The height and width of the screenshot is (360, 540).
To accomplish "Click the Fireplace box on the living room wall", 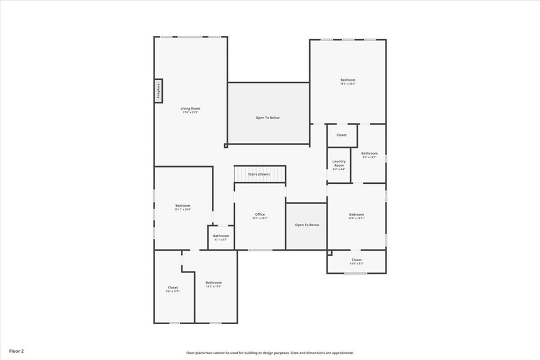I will click(x=158, y=91).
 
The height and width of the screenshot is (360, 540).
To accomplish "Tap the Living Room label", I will click(x=191, y=110).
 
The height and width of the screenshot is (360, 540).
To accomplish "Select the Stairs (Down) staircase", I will click(x=259, y=174).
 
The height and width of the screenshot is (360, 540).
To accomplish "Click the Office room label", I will click(x=260, y=216).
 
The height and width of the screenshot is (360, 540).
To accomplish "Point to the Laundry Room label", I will click(x=339, y=165).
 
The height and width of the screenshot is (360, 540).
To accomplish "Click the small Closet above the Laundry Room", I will click(x=342, y=135).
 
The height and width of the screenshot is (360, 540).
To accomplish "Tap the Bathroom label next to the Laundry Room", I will click(x=369, y=155).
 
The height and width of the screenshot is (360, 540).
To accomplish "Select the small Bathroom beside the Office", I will click(x=221, y=237).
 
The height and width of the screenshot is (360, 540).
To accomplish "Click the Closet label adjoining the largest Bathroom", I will click(x=173, y=289).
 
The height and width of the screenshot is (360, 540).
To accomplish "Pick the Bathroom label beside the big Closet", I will click(x=214, y=284).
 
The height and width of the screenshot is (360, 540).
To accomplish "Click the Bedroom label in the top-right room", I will click(x=348, y=81).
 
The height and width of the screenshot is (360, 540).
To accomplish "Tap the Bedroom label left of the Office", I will click(x=182, y=207).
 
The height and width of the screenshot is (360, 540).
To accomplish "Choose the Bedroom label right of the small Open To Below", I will click(x=356, y=216).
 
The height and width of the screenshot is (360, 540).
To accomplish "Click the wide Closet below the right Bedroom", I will click(x=356, y=261).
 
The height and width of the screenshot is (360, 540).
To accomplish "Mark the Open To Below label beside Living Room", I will click(x=267, y=118).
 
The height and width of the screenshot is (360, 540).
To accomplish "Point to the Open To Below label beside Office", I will click(x=306, y=225).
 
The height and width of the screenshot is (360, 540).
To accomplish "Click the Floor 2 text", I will click(x=16, y=351).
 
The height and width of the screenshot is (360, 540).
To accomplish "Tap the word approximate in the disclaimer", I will click(x=342, y=353).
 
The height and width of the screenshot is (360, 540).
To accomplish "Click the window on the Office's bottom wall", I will click(x=257, y=250).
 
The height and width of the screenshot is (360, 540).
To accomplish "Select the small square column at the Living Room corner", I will click(x=226, y=145).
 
